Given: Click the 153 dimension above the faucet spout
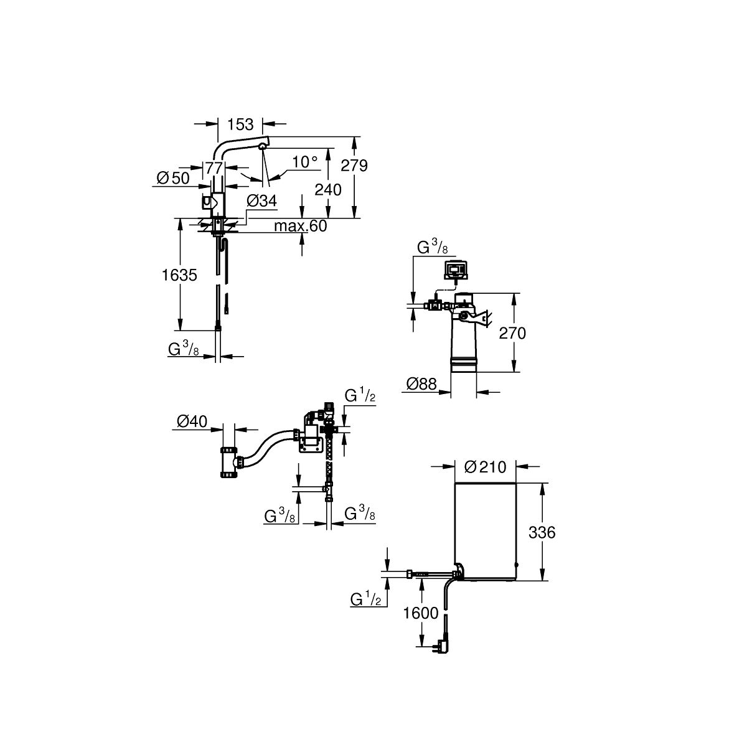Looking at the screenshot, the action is coord(240,125).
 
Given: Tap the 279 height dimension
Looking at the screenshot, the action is coord(354,166).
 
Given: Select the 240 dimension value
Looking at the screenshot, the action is coord(328,190).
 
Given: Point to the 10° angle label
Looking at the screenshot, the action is coord(304,162).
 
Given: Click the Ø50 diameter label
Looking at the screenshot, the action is coord(173,178).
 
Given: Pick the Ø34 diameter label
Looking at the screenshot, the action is coord(261,201).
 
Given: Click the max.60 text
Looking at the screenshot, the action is coord(301,226).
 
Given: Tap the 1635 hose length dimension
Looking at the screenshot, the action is coord(179,275).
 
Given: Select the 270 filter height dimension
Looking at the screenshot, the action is coord(512,334).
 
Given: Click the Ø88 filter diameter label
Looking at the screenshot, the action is coord(421,384).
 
